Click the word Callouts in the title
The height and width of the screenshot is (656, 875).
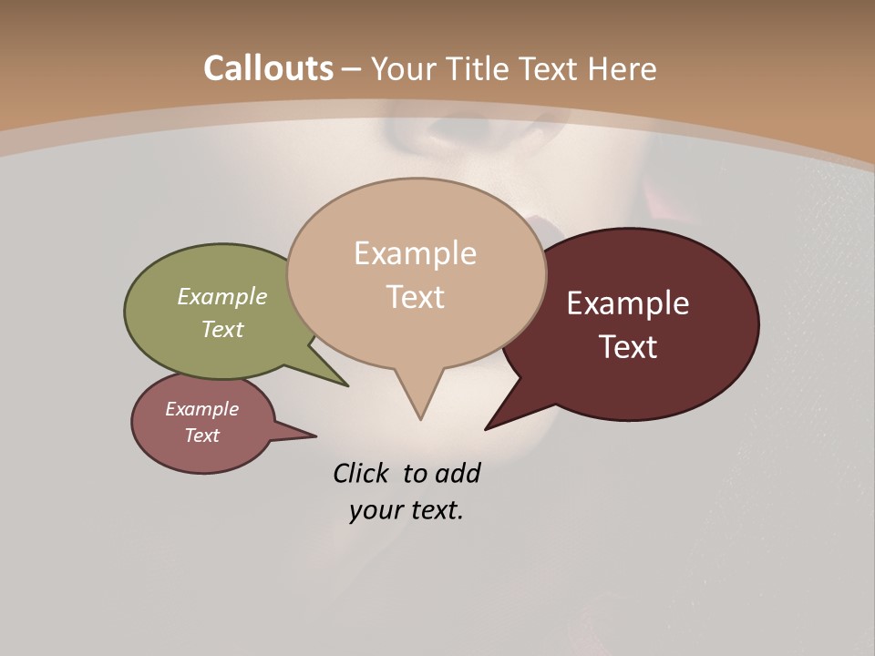(x=268, y=68)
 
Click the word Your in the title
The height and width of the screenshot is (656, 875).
(x=407, y=68)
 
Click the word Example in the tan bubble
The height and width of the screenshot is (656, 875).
(x=415, y=252)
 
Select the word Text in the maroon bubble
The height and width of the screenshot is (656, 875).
(x=628, y=346)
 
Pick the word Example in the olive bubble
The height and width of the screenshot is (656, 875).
(x=222, y=296)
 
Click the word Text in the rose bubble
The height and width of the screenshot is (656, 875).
(x=201, y=436)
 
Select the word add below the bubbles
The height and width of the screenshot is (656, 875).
(x=457, y=473)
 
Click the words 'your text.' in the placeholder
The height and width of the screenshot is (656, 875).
(x=407, y=509)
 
